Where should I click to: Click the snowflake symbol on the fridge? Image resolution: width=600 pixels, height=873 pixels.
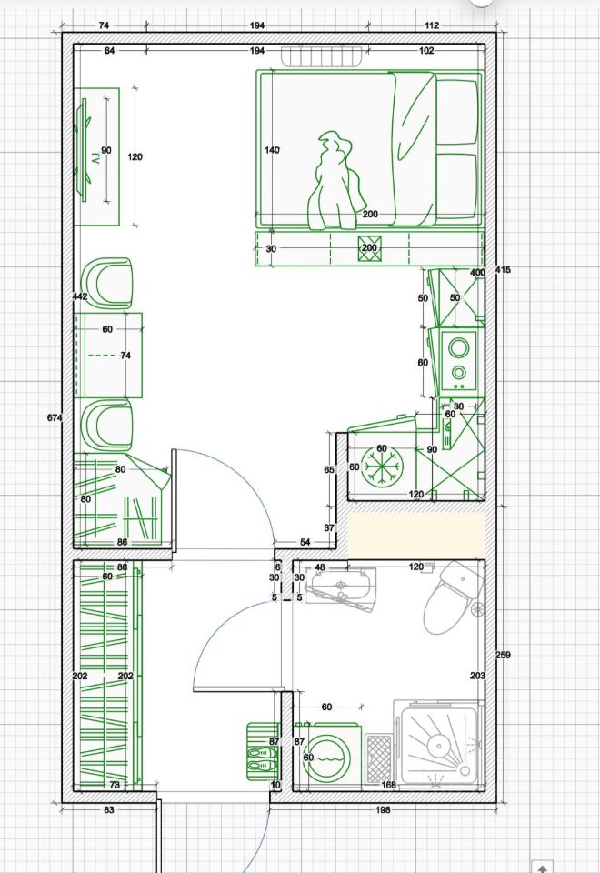pos(381,467)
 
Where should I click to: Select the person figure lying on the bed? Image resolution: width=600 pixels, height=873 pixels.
pos(336,181)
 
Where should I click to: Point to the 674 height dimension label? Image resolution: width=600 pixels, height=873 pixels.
pos(54,417)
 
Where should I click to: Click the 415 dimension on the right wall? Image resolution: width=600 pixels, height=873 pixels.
pos(503,270)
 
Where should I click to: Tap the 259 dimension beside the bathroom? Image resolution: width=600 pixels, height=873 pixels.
pos(503,656)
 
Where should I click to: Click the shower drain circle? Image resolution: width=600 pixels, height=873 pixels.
pos(439,746)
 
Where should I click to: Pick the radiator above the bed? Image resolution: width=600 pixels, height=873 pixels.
pos(322,56)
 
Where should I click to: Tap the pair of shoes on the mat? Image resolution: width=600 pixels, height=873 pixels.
pos(262,759)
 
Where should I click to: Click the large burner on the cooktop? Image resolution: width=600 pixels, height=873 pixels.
pos(459,348)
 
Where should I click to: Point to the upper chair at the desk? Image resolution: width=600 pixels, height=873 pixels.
pos(108,282)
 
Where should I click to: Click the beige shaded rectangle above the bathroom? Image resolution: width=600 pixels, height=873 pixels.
pos(416,535)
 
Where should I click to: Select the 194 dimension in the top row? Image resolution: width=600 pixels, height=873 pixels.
pos(257,25)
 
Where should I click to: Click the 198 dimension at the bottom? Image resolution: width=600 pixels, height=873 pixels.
pos(384,809)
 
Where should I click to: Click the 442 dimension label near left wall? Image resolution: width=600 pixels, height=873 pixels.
pos(80,296)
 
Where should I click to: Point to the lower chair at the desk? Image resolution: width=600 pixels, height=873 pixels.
pos(107,425)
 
